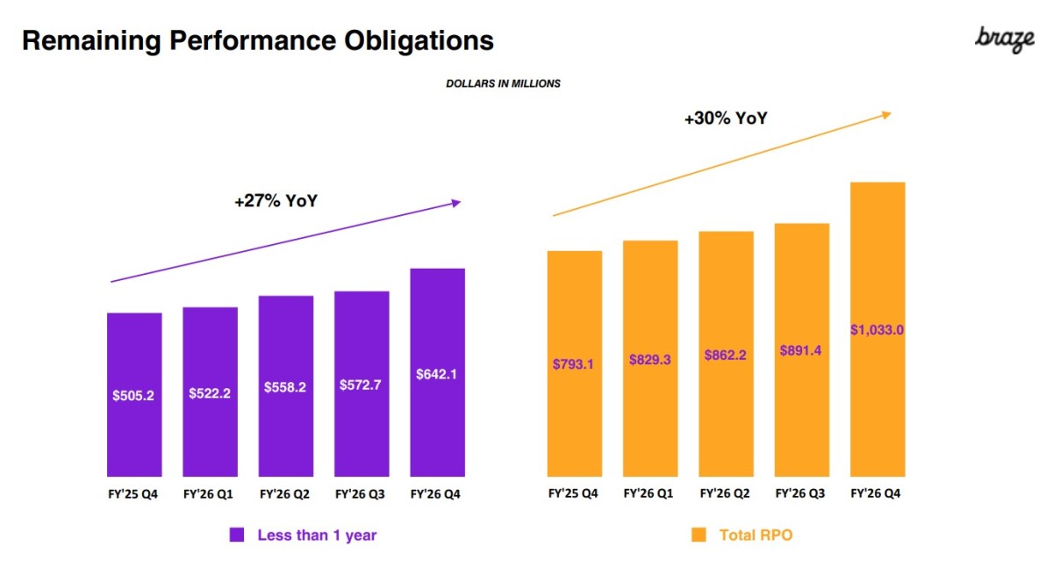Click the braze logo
1005,39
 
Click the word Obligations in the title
412,40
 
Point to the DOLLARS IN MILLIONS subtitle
503,84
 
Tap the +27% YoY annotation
276,201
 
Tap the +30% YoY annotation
726,118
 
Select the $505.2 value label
133,396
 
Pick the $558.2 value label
285,387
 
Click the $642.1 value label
437,373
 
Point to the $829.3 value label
649,359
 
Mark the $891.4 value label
801,350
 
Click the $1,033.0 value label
877,330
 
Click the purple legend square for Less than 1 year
236,535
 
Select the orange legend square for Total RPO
698,535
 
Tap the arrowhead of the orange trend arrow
887,113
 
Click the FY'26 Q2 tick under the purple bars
285,493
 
